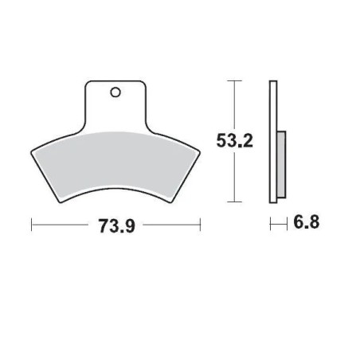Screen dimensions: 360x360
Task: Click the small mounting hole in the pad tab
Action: pos(116,92)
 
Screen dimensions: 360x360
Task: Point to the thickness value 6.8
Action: pos(304,225)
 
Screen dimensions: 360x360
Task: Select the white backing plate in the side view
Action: pos(274,140)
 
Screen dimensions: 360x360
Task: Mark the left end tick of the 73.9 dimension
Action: pos(31,225)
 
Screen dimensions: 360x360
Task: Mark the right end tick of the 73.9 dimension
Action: pos(200,225)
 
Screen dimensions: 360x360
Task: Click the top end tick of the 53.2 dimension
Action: pos(233,81)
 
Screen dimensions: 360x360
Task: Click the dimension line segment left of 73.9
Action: pos(64,225)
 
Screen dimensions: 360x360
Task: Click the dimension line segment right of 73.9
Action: pos(167,225)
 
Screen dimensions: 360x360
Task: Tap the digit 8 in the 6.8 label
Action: pos(311,225)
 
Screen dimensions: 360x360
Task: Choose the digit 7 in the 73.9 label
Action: pos(103,225)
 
